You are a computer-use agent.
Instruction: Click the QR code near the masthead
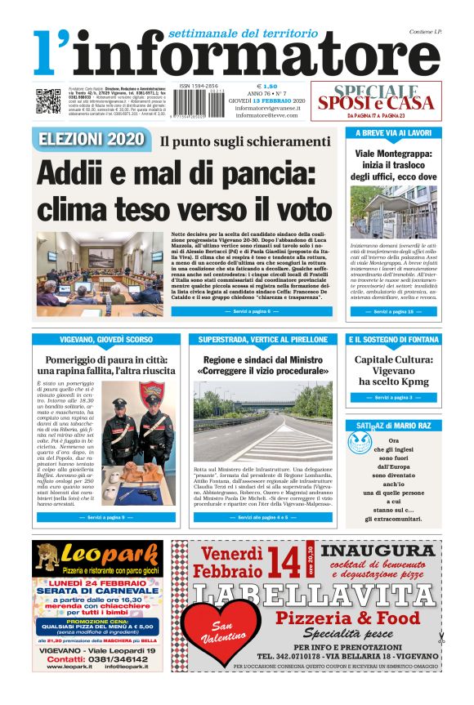click(x=48, y=100)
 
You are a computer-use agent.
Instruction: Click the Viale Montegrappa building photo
click(x=392, y=212)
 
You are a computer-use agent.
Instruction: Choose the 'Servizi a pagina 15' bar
click(x=392, y=311)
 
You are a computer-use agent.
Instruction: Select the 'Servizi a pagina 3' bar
click(x=392, y=397)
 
